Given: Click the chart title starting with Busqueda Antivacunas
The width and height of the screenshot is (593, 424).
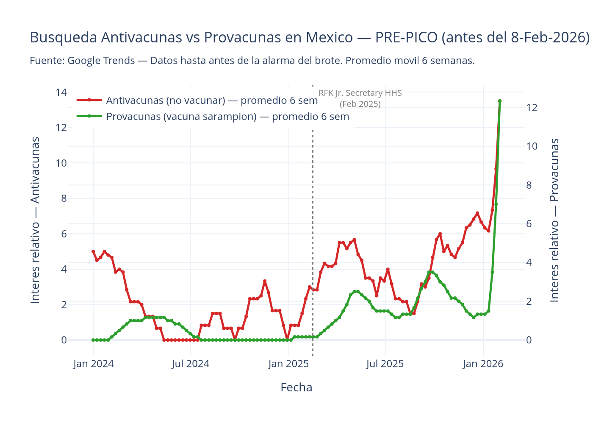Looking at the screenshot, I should point(309,38).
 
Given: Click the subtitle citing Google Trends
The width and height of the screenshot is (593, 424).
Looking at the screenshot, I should point(252,61).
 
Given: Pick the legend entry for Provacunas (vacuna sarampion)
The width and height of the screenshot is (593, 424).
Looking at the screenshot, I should point(227,117).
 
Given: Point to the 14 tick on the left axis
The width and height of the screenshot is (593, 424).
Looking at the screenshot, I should point(61,92).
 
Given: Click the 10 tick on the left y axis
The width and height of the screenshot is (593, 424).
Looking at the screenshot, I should point(61,163).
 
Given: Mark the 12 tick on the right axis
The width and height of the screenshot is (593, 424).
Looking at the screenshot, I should point(532,108).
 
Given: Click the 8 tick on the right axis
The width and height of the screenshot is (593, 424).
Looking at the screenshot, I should point(532,185).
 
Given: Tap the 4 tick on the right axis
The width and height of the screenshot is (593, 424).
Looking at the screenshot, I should point(532,263).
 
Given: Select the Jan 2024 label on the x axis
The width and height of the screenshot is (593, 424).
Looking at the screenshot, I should point(93,364).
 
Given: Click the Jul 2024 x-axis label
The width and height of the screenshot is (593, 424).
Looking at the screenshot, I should point(191,364).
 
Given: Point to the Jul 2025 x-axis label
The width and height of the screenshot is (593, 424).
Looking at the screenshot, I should point(385,364).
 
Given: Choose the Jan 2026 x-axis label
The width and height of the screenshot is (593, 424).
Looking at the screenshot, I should point(483,364).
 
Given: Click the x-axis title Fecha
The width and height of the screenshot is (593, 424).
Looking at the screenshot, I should point(296,388).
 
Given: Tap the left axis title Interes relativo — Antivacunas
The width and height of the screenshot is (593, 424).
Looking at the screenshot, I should point(36,220).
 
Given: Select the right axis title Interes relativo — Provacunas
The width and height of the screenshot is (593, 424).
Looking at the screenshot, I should point(554,220).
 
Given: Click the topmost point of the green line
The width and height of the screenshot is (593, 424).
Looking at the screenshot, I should point(500,101).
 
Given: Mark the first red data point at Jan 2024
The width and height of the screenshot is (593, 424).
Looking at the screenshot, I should point(93,251).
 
